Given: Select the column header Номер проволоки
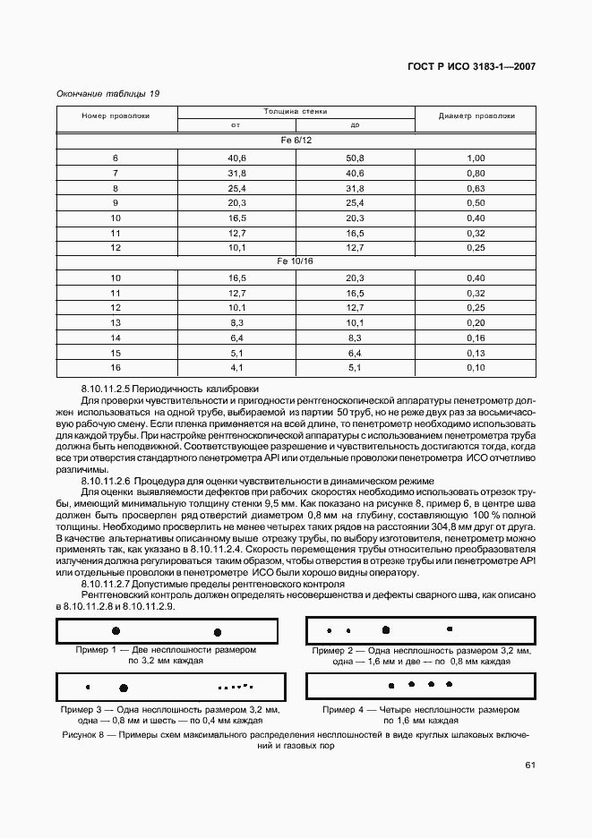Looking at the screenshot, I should tap(116, 115).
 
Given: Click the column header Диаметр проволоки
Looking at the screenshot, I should tap(476, 115).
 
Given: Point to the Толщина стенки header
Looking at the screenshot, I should tap(296, 111).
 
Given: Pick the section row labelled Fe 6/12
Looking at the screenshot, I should tap(296, 141).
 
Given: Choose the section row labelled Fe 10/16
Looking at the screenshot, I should tap(296, 261).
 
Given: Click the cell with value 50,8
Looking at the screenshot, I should tap(355, 158).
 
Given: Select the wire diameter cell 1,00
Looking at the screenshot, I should tap(476, 158).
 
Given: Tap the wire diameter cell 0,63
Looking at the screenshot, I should tap(476, 188).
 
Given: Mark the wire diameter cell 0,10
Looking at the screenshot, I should tap(476, 367).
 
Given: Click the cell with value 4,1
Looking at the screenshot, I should tap(236, 367).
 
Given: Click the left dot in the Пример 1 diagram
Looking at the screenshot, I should tap(116, 631).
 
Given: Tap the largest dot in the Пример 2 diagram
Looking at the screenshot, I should tap(386, 629).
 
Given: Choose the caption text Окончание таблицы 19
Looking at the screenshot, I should tap(107, 93).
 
